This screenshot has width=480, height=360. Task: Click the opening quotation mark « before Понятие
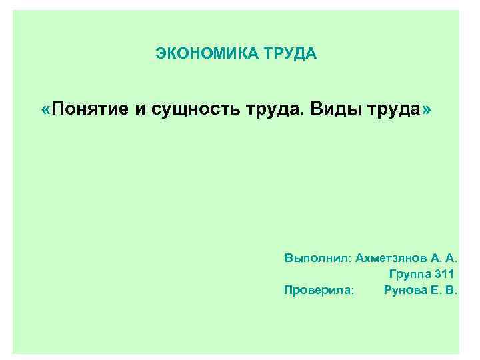[45, 109]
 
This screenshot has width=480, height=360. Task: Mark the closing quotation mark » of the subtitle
[427, 109]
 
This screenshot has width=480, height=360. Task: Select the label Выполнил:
[317, 257]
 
